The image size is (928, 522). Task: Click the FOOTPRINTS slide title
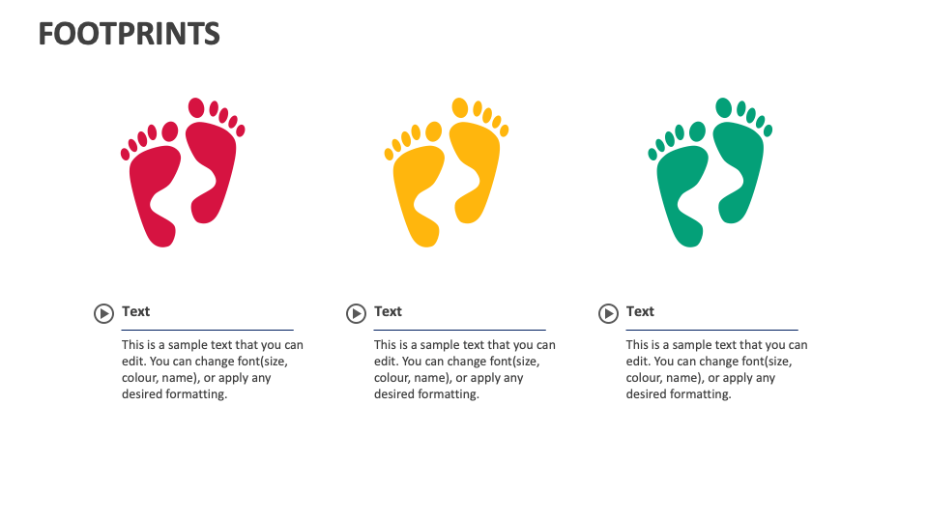130,34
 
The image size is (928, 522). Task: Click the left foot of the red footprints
154,193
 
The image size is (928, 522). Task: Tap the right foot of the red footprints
211,169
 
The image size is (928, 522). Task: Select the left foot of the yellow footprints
418,193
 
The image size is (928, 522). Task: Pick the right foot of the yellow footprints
475,169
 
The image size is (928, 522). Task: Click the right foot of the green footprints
739,169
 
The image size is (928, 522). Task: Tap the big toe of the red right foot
196,106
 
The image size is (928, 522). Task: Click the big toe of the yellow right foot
460,106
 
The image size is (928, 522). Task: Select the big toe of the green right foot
723,106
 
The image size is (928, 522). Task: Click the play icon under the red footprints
103,313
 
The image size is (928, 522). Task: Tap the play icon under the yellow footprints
356,313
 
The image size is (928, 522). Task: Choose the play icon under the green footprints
608,313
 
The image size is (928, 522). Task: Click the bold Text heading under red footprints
136,311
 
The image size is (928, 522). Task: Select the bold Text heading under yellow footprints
389,311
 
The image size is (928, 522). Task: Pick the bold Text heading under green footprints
640,311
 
